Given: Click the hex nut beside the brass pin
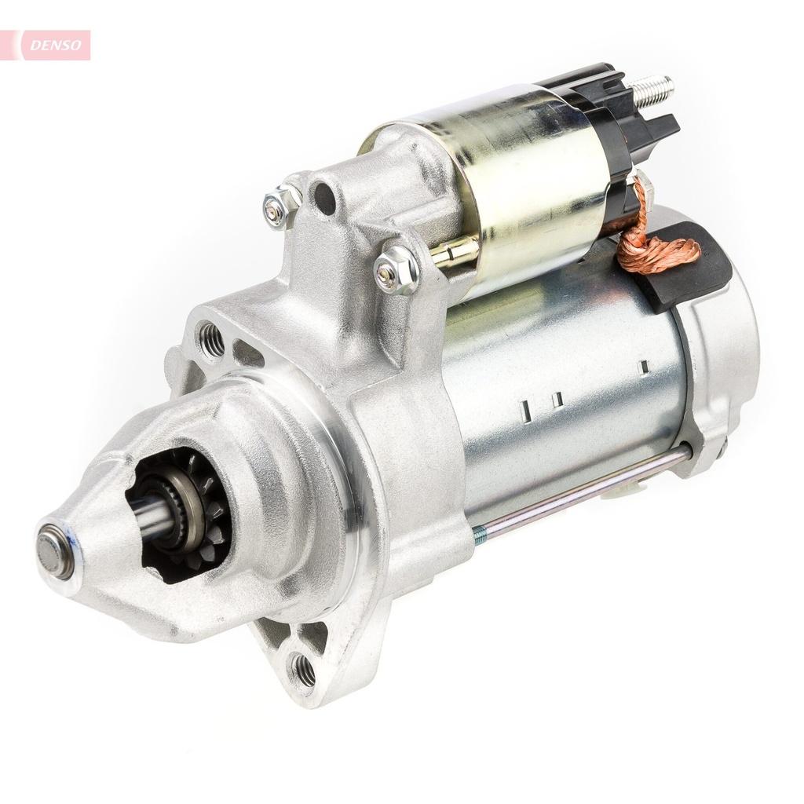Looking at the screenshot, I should click(x=396, y=270).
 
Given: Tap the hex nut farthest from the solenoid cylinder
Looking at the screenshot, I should click(x=281, y=206).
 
